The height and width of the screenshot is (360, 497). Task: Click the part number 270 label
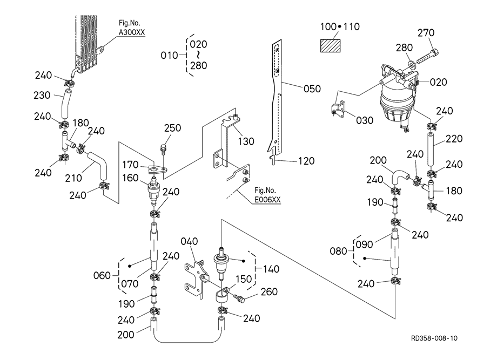[426, 33]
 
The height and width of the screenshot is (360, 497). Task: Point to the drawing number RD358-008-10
[434, 338]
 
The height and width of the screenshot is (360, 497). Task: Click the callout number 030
[365, 120]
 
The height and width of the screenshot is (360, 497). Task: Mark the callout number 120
[306, 161]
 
